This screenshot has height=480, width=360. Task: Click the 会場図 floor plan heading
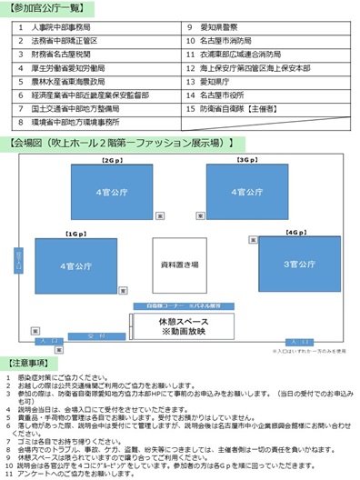pyautogui.click(x=119, y=143)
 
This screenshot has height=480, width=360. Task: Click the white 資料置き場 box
pyautogui.click(x=178, y=265)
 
